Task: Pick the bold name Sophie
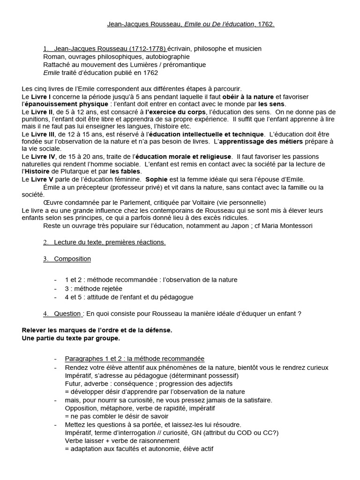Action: coord(156,180)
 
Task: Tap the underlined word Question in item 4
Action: coord(67,313)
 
